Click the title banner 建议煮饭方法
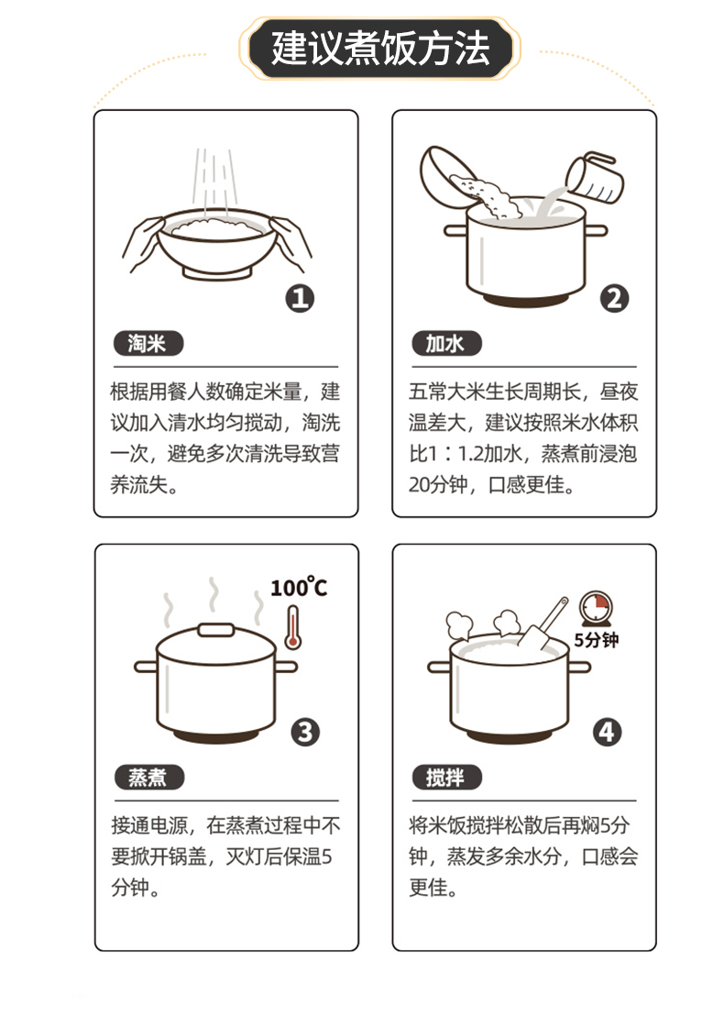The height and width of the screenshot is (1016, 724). point(379,49)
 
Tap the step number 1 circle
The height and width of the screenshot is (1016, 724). point(300,299)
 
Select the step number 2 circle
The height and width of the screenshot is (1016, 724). point(614,299)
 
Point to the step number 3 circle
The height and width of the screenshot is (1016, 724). point(305,732)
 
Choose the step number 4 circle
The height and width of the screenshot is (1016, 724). point(608,732)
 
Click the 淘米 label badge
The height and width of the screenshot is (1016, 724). point(148,344)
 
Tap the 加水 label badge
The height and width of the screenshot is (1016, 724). point(446,344)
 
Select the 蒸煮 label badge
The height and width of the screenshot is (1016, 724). point(149,777)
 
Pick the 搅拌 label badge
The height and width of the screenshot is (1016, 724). point(447,777)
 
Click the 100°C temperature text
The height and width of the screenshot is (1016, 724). point(299,587)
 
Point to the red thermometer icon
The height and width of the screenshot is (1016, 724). point(292,627)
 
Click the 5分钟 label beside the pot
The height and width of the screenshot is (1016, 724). point(597,640)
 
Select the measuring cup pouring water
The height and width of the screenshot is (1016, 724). point(594,178)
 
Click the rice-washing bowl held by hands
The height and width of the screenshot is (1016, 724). point(217,244)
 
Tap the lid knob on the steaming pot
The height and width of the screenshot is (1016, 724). point(215,630)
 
